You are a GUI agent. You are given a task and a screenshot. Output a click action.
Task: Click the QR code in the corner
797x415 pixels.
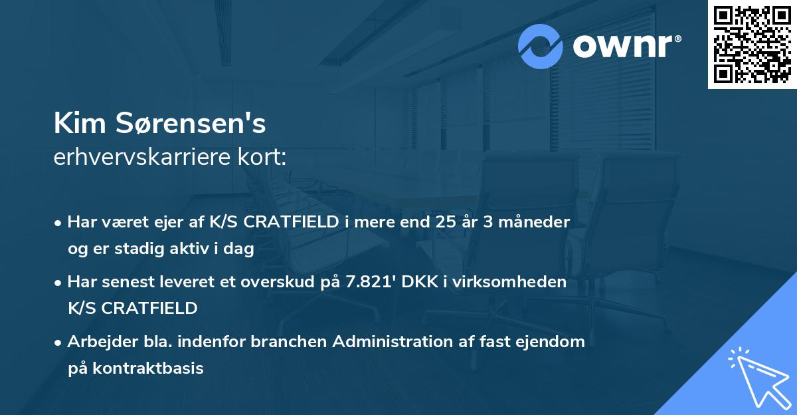[752, 45]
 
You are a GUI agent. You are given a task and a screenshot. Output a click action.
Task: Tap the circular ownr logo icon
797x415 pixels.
[541, 47]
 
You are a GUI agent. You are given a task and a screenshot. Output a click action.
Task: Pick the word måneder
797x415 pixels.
[540, 222]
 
